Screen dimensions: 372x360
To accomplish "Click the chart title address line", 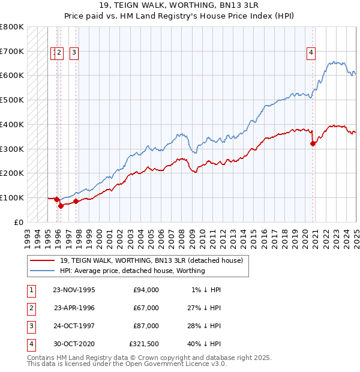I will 179,8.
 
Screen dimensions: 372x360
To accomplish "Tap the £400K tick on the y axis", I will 12,124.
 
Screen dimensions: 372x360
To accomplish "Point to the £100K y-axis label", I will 12,197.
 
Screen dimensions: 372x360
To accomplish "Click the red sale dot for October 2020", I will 313,143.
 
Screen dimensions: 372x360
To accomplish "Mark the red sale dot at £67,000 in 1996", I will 61,205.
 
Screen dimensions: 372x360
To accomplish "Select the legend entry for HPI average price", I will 132,271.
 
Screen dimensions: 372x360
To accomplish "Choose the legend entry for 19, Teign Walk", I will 151,260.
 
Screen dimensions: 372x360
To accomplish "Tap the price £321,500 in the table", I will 143,344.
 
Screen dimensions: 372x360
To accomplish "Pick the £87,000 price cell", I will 146,326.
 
